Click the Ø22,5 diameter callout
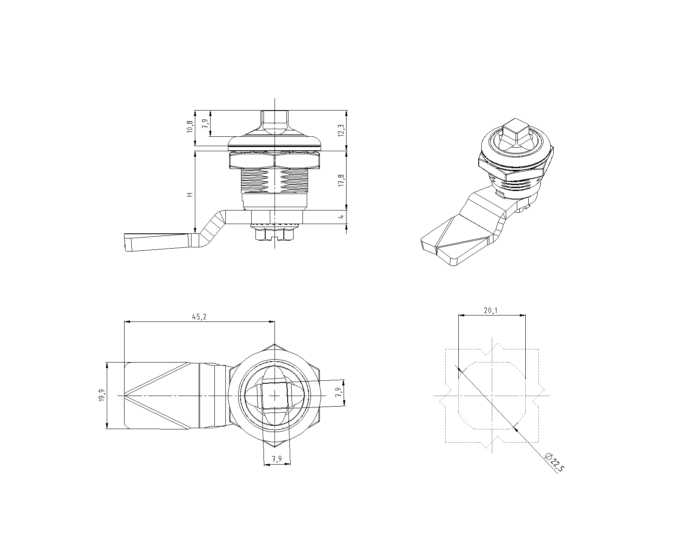tap(555, 462)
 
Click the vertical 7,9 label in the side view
tap(205, 124)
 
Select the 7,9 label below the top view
tap(277, 459)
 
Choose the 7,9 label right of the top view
tap(338, 392)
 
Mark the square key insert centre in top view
tap(275, 396)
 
